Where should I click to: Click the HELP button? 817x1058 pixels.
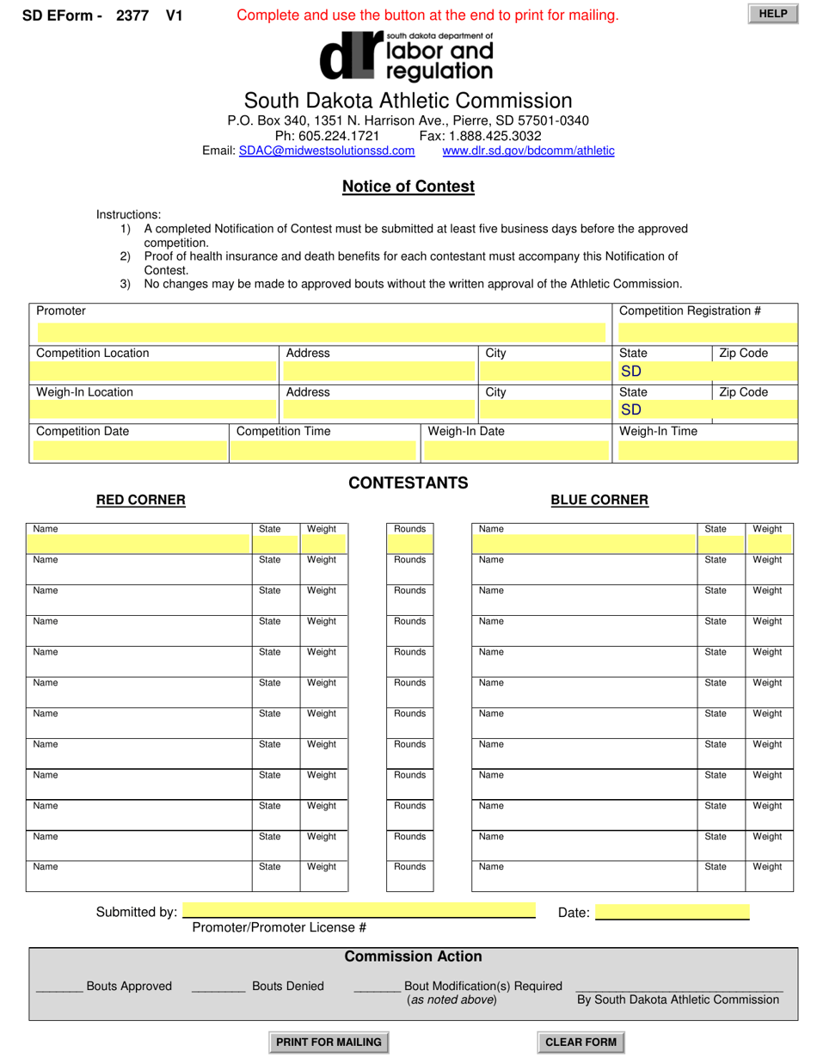click(x=773, y=14)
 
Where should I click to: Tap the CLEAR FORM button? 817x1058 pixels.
click(x=580, y=1042)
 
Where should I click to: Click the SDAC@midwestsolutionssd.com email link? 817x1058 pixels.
click(x=327, y=151)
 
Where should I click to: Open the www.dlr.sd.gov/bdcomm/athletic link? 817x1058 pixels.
click(x=528, y=151)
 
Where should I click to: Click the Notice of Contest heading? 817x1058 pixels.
click(x=408, y=186)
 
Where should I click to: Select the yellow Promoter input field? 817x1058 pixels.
click(x=320, y=332)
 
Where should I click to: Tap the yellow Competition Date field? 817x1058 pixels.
click(x=129, y=450)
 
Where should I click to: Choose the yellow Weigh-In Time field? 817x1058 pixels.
click(x=707, y=450)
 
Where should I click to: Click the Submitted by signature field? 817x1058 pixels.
click(x=359, y=911)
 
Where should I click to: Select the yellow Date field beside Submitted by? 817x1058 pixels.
click(x=672, y=912)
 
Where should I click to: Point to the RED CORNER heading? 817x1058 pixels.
click(x=141, y=500)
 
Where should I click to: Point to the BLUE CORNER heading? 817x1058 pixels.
click(x=599, y=500)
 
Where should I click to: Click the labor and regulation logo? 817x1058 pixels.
click(x=406, y=57)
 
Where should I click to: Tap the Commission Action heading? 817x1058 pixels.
click(x=413, y=957)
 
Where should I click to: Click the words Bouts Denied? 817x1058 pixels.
click(x=288, y=986)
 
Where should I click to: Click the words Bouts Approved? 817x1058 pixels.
click(x=129, y=986)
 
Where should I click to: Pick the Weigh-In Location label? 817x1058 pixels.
click(x=84, y=392)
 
